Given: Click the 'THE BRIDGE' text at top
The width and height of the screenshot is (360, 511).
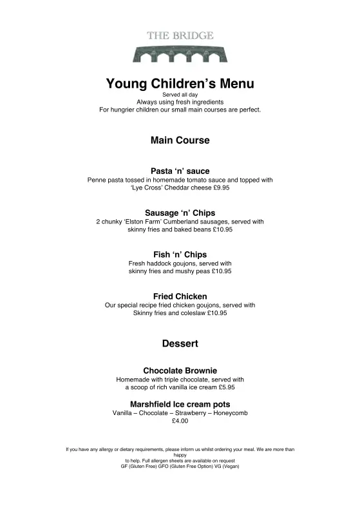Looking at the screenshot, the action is tap(180, 36).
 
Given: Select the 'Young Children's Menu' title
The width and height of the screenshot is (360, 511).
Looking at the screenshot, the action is tap(180, 84).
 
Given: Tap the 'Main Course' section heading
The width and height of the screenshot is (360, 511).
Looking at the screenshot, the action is tap(180, 140).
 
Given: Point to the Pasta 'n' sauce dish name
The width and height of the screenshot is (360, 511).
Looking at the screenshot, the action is tap(180, 171).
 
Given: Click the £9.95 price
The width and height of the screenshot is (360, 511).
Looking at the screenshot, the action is tap(221, 188).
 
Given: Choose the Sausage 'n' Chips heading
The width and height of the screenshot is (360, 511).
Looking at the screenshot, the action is tap(180, 213).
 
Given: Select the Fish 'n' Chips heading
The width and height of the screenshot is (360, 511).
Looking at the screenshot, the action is tap(180, 255).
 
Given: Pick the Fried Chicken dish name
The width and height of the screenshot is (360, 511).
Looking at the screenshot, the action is tap(180, 296).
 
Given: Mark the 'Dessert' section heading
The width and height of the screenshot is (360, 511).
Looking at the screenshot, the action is tap(180, 343).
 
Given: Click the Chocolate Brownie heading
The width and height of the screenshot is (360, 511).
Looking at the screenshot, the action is tap(180, 371).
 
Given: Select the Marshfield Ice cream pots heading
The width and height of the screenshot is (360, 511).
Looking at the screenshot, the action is tap(180, 404).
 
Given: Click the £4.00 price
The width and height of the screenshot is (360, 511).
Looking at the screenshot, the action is tap(180, 421).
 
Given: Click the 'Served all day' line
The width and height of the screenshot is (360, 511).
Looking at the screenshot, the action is tap(180, 95).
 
